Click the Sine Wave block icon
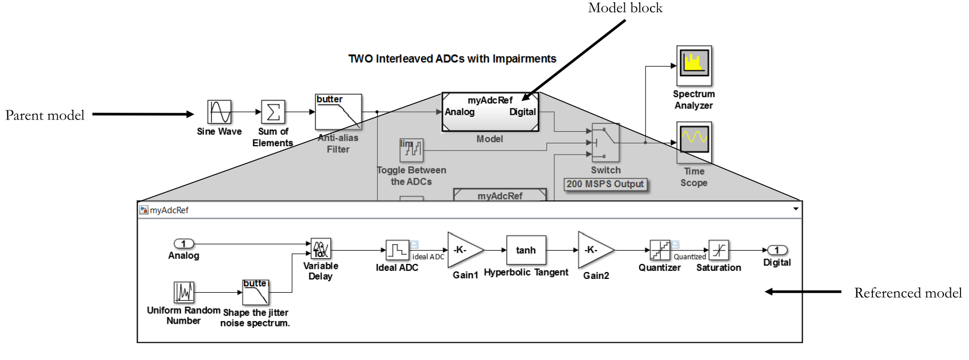point(219,112)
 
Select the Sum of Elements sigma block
point(273,112)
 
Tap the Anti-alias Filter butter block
point(338,112)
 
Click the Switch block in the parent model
point(605,142)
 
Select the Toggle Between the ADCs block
point(411,150)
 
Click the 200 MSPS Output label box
point(605,184)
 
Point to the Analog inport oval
point(184,244)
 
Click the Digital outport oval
point(777,250)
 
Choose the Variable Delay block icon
point(321,249)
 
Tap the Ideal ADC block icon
point(397,250)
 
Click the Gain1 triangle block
point(463,250)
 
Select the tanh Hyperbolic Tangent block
point(526,250)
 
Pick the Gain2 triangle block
point(593,250)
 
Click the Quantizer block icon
point(660,250)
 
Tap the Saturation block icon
point(718,250)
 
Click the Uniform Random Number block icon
point(184,292)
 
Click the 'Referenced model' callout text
point(908,293)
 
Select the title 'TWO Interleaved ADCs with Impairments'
point(452,59)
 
